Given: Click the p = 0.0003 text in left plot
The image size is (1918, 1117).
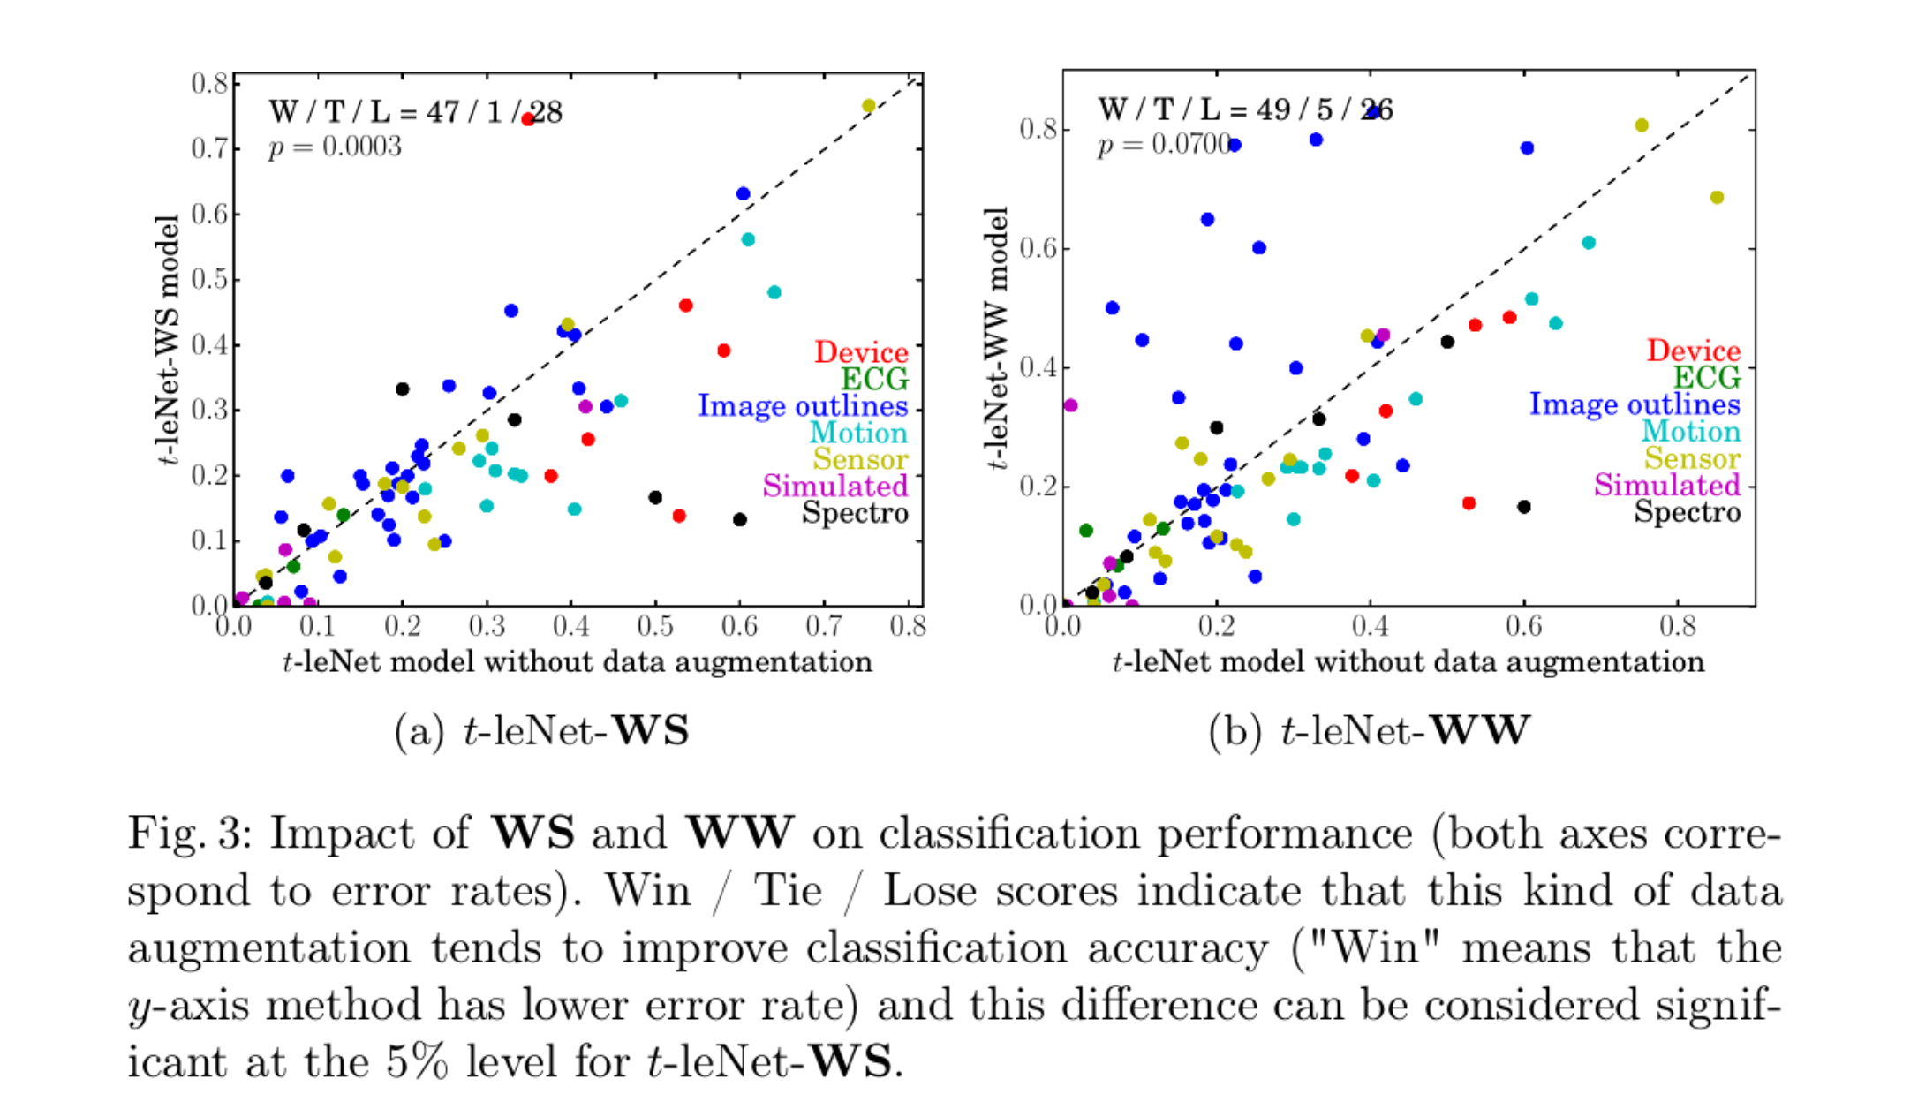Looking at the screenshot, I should click(x=335, y=147).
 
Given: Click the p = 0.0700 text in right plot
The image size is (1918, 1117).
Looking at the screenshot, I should click(x=1164, y=144).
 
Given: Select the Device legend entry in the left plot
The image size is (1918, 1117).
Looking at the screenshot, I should click(x=860, y=352).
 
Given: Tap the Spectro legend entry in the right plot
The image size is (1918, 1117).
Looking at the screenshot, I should click(x=1687, y=512).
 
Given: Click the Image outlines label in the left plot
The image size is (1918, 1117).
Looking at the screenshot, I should click(x=802, y=406).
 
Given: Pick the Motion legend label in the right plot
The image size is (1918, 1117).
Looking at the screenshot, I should click(x=1690, y=432).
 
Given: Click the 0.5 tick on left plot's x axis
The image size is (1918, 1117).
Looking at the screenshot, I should click(x=654, y=627).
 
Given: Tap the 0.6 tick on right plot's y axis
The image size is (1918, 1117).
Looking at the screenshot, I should click(x=1038, y=248).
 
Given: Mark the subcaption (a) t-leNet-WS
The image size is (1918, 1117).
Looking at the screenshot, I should click(x=541, y=731).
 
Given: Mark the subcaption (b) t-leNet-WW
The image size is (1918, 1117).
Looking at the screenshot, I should click(x=1369, y=731).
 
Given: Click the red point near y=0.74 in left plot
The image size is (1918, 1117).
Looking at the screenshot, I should click(x=528, y=119).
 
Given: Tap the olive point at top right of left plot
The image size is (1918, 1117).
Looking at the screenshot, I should click(x=868, y=106).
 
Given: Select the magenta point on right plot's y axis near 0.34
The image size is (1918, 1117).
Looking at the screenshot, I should click(x=1070, y=405).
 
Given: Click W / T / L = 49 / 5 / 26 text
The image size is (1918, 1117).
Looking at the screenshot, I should click(x=1244, y=110).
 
